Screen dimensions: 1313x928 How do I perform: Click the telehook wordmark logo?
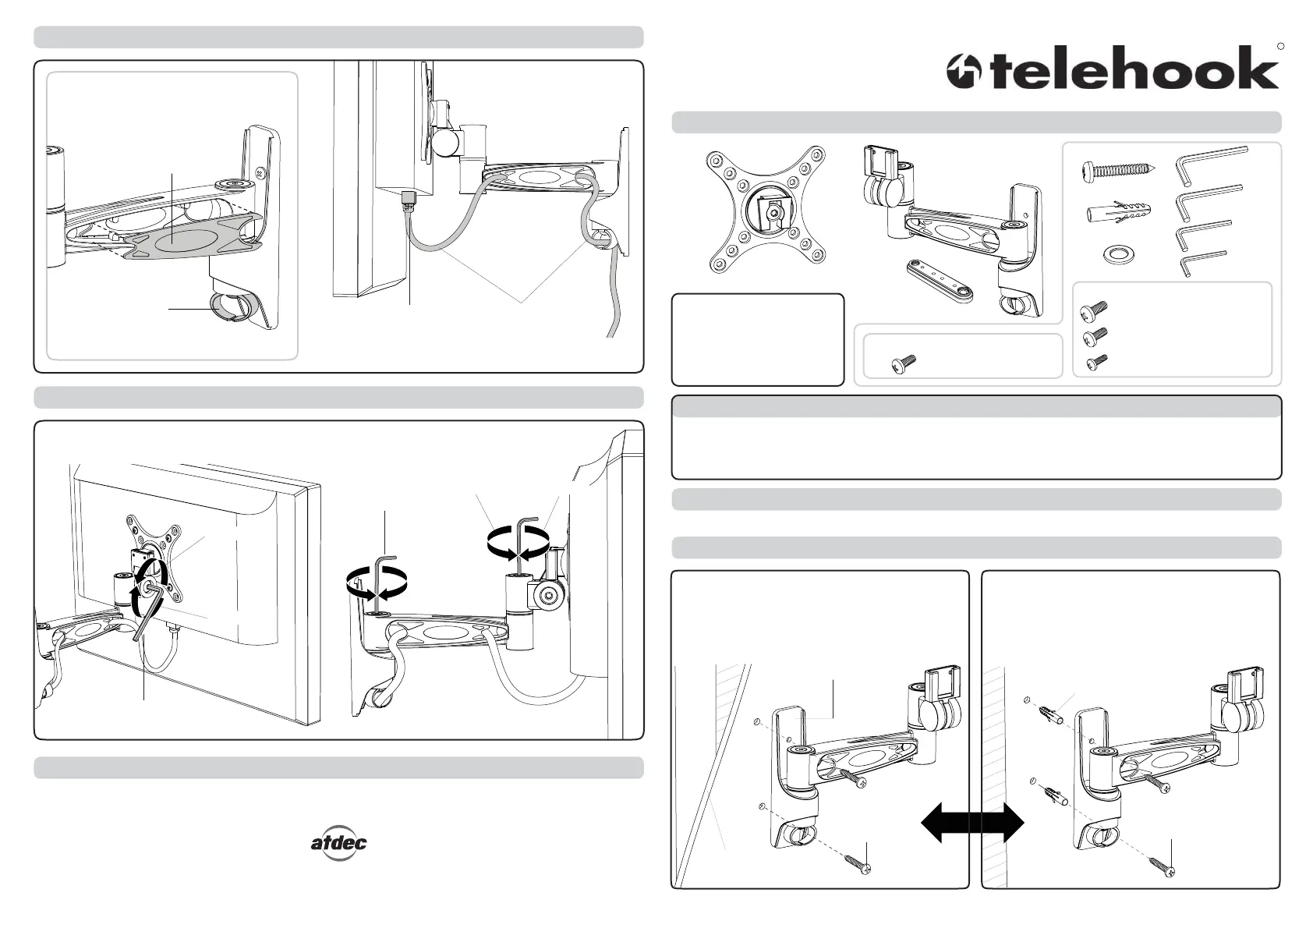tap(1135, 68)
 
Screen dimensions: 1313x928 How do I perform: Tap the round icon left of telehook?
tap(964, 72)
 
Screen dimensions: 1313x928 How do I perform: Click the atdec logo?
tap(339, 843)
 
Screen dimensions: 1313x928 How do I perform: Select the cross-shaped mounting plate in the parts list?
tap(766, 209)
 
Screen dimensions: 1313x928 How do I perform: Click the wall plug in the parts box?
tap(1118, 214)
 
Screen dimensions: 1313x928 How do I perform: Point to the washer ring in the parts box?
tap(1118, 255)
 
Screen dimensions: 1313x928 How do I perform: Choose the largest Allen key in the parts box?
tap(1211, 164)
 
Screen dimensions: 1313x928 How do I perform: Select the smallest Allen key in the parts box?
tap(1203, 264)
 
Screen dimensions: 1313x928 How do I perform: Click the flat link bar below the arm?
tap(940, 281)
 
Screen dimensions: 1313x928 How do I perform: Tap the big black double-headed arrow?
tap(972, 823)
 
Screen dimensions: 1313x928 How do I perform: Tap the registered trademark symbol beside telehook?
tap(1280, 46)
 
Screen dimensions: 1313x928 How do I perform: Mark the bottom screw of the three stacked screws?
tap(1097, 363)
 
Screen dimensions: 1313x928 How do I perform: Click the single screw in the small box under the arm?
tap(904, 363)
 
